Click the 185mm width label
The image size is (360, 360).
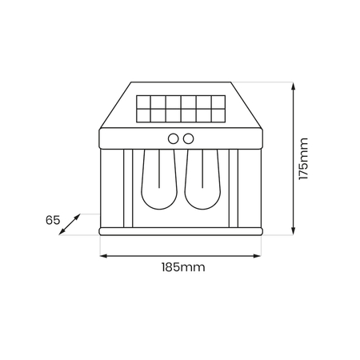[182, 267]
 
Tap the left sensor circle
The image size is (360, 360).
[173, 138]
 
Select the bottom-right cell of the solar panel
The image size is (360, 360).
[218, 116]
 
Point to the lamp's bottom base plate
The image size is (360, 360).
[181, 231]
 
